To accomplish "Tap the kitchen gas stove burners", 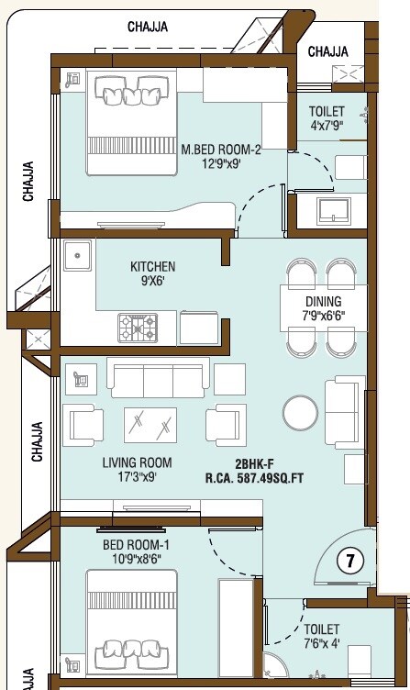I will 137,326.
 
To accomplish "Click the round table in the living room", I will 301,412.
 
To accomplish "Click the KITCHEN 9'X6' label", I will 152,273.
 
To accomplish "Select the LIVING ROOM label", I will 137,470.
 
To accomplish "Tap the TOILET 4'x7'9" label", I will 326,117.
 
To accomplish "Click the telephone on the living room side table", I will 79,376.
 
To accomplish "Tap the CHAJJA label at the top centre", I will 147,27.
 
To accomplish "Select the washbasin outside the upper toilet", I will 330,210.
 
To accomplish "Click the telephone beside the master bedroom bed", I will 73,79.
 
